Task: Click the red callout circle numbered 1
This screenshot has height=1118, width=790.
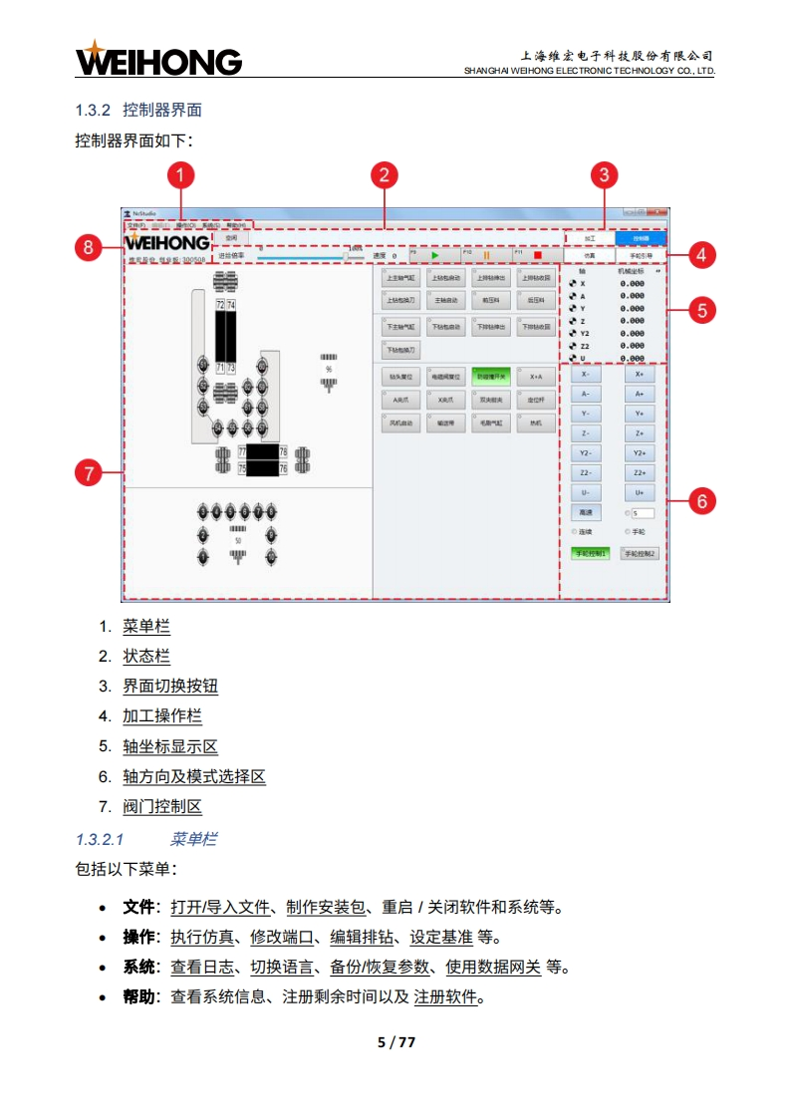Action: click(x=179, y=176)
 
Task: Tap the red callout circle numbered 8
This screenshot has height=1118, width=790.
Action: click(x=90, y=248)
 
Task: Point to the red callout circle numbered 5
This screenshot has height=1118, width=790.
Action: click(x=701, y=310)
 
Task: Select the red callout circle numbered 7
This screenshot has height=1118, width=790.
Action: click(x=90, y=473)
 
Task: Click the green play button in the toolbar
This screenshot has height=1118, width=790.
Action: click(x=433, y=256)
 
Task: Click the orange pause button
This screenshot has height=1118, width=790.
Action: click(x=486, y=256)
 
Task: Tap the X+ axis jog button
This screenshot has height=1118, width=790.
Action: click(x=639, y=375)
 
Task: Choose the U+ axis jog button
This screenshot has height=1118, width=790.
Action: click(x=639, y=492)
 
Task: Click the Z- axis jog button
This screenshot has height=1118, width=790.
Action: click(x=586, y=433)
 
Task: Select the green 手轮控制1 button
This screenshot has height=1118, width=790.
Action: click(x=589, y=553)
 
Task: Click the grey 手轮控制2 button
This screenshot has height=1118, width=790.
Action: click(x=640, y=553)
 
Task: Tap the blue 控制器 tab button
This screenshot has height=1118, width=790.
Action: click(x=639, y=239)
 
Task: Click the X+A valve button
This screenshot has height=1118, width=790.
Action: click(x=536, y=377)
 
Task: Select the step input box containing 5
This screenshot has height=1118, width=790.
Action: click(x=642, y=513)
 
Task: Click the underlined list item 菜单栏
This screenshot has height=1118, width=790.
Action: click(x=146, y=627)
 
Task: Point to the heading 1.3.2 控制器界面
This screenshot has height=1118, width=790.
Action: click(x=138, y=109)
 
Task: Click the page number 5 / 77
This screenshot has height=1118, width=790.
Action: click(x=395, y=1042)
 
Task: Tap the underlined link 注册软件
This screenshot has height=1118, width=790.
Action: click(x=445, y=996)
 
